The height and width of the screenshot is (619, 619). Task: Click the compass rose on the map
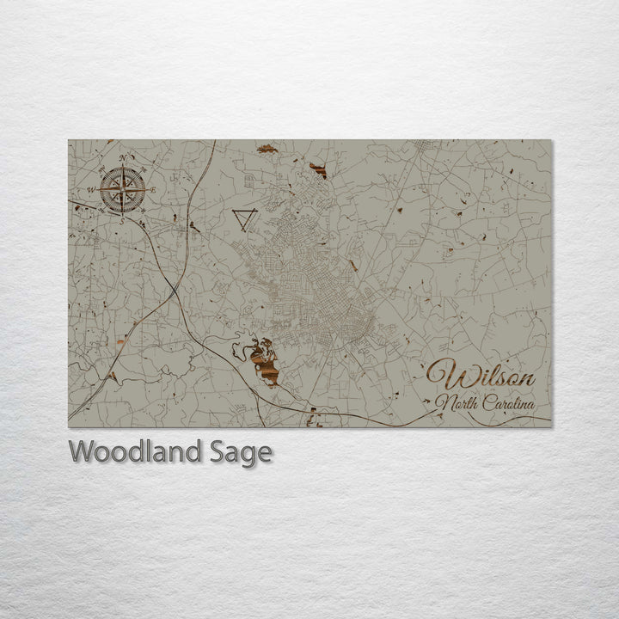coord(122,189)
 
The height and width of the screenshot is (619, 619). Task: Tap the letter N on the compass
coord(122,158)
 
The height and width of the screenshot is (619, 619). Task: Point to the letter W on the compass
coord(92,190)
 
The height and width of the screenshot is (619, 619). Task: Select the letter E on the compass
coord(153,190)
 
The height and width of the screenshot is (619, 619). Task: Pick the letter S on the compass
coord(122,220)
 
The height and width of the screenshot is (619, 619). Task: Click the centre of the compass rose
coord(122,189)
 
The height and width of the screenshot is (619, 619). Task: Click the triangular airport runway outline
coord(244,219)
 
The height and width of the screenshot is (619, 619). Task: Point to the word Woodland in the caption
coord(137,451)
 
